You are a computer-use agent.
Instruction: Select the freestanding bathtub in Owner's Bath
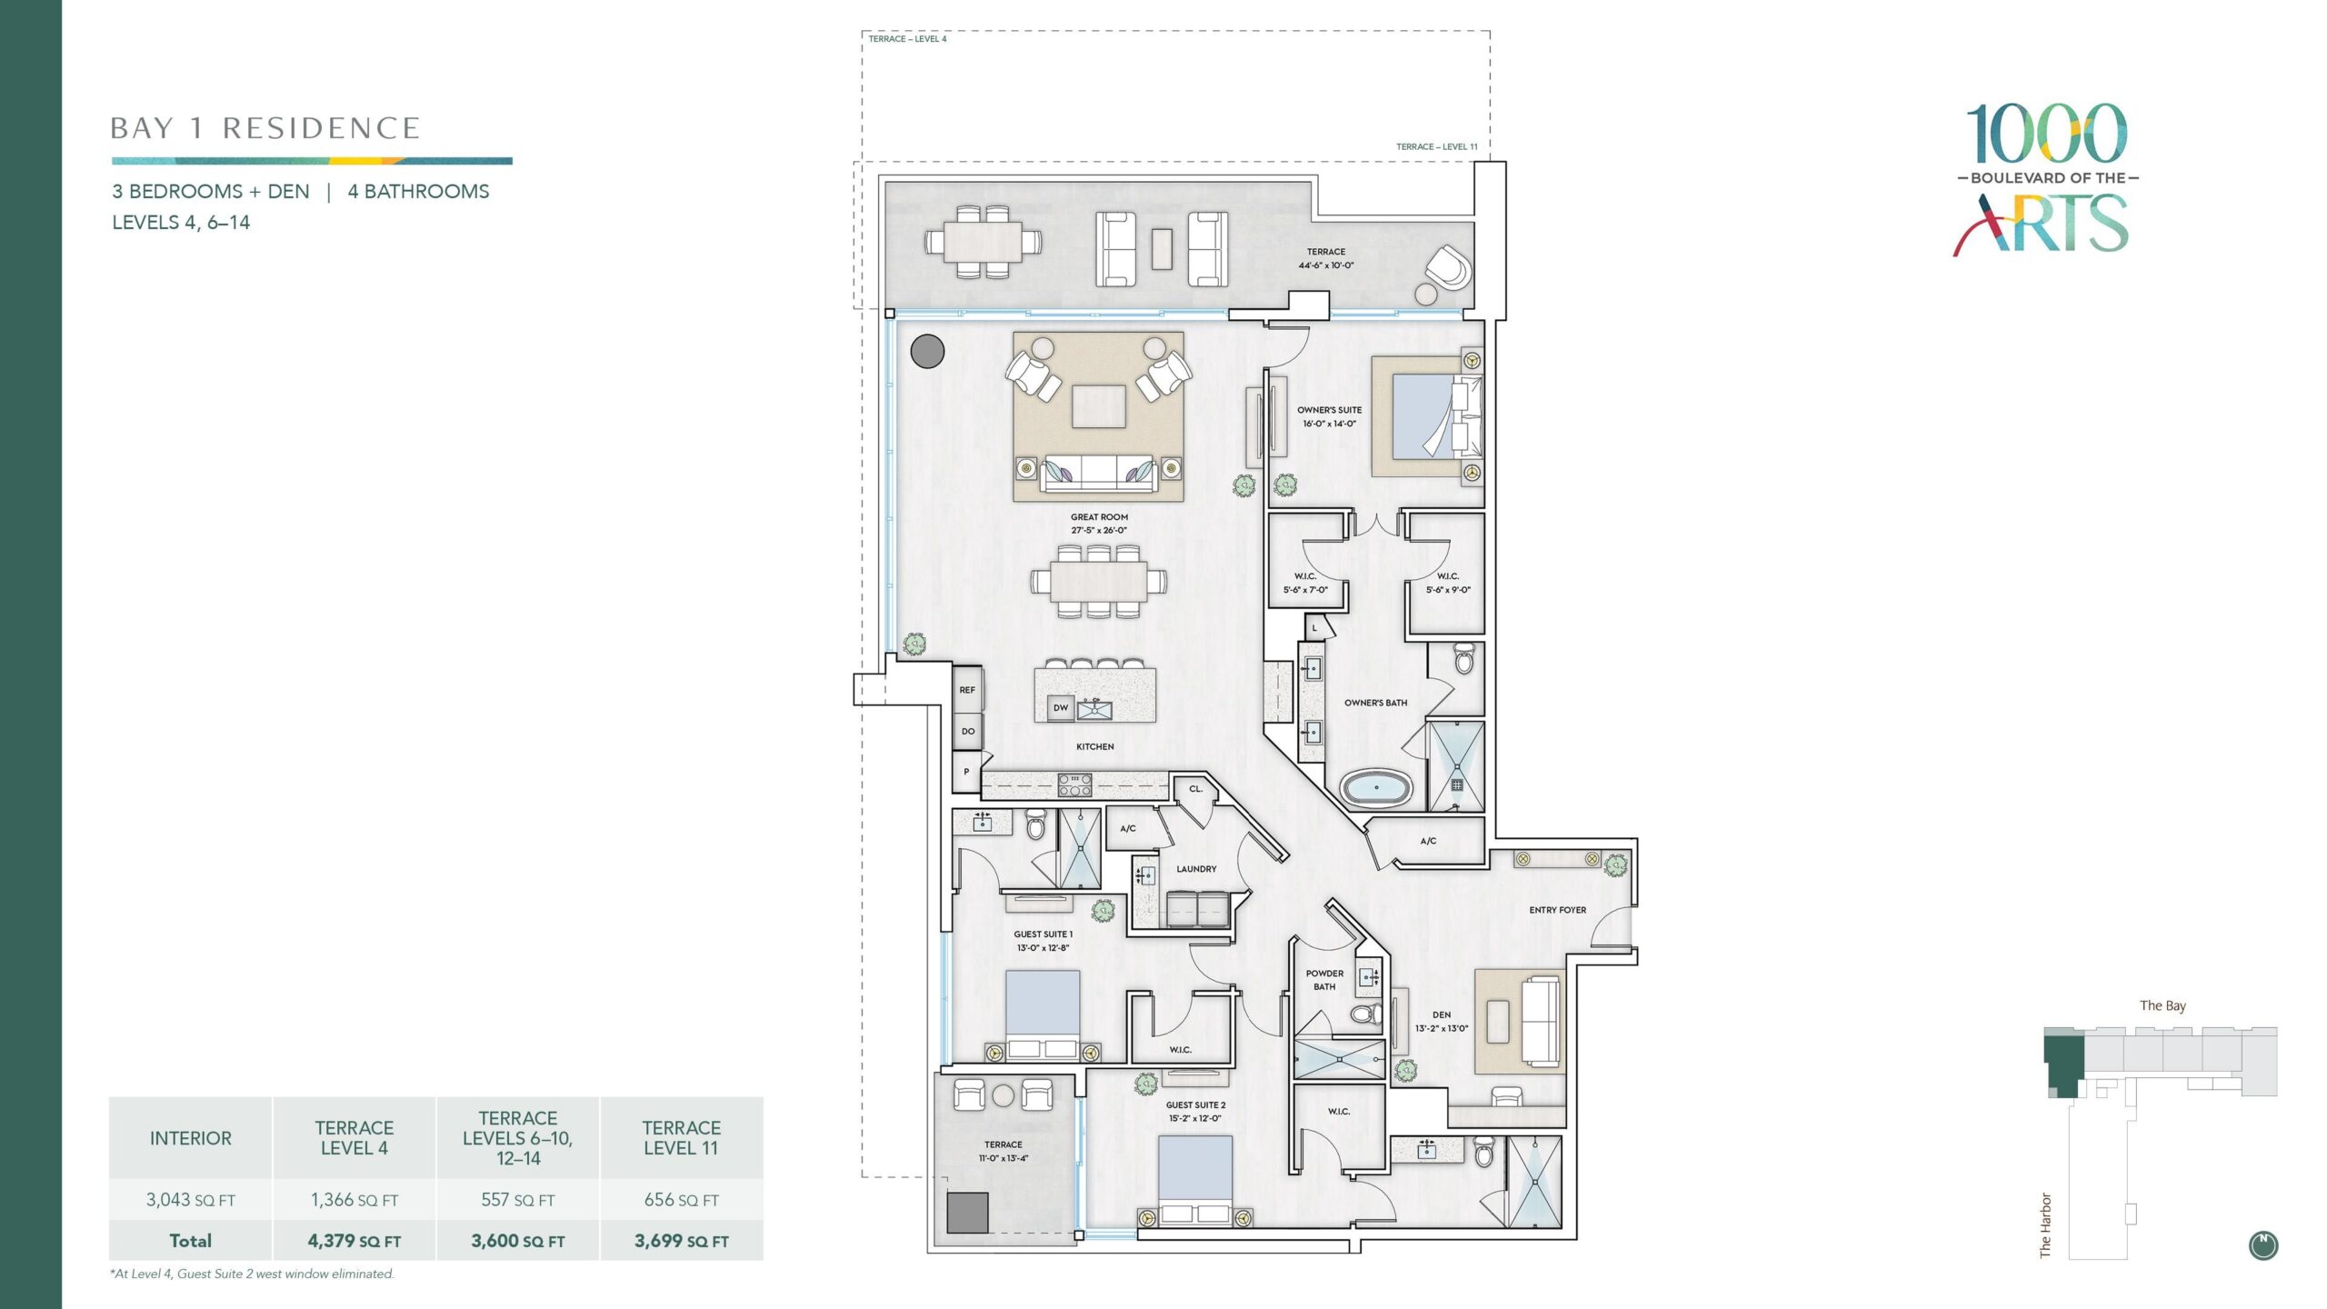pyautogui.click(x=1377, y=789)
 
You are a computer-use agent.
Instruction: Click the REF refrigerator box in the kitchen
pyautogui.click(x=967, y=690)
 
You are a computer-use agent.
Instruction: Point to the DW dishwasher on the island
pyautogui.click(x=1061, y=707)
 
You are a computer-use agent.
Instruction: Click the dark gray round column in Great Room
pyautogui.click(x=927, y=352)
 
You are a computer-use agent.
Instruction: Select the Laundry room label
pyautogui.click(x=1196, y=869)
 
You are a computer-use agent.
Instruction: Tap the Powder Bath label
pyautogui.click(x=1324, y=980)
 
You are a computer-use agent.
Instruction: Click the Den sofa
pyautogui.click(x=1542, y=1022)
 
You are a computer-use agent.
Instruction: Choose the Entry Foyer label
pyautogui.click(x=1557, y=910)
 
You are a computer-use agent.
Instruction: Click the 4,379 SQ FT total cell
pyautogui.click(x=355, y=1241)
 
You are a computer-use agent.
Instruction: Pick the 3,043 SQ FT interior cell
pyautogui.click(x=191, y=1200)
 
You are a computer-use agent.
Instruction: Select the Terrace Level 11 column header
pyautogui.click(x=682, y=1138)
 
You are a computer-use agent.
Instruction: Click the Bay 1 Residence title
pyautogui.click(x=265, y=128)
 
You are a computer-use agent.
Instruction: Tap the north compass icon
pyautogui.click(x=2262, y=1245)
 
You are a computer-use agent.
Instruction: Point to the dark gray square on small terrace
pyautogui.click(x=967, y=1213)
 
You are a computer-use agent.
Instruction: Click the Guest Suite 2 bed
pyautogui.click(x=1195, y=1181)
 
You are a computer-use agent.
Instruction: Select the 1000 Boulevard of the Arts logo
pyautogui.click(x=2046, y=178)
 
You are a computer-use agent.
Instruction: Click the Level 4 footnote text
pyautogui.click(x=252, y=1274)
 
